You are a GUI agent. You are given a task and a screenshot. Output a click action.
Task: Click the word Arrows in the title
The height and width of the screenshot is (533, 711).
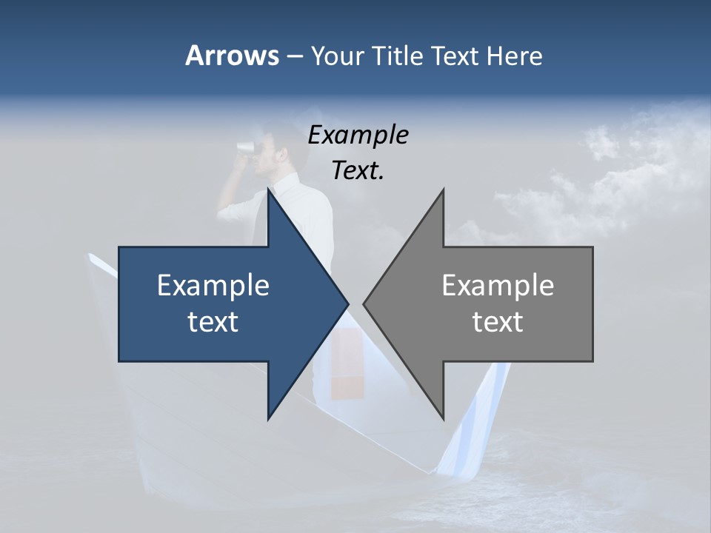[231, 56]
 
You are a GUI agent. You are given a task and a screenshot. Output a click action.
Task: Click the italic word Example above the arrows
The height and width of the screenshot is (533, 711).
[358, 135]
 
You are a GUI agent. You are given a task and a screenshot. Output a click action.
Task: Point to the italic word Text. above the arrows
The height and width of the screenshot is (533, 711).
[358, 170]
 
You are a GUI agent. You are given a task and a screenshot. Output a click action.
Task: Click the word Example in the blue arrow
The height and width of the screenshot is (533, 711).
[213, 286]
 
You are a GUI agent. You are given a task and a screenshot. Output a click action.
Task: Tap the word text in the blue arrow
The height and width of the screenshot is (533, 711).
[213, 322]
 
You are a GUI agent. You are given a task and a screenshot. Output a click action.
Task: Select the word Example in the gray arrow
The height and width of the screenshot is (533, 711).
[498, 286]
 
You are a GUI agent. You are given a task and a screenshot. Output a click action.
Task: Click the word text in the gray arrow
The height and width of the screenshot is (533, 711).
[498, 322]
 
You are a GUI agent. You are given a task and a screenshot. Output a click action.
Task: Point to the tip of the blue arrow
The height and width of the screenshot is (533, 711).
[347, 304]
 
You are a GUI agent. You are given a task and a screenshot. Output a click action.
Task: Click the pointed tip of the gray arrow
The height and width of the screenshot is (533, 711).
[364, 304]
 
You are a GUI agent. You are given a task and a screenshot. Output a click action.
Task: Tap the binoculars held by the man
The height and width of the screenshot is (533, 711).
[244, 146]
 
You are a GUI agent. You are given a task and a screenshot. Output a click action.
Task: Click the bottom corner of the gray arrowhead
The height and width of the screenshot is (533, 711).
[443, 419]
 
